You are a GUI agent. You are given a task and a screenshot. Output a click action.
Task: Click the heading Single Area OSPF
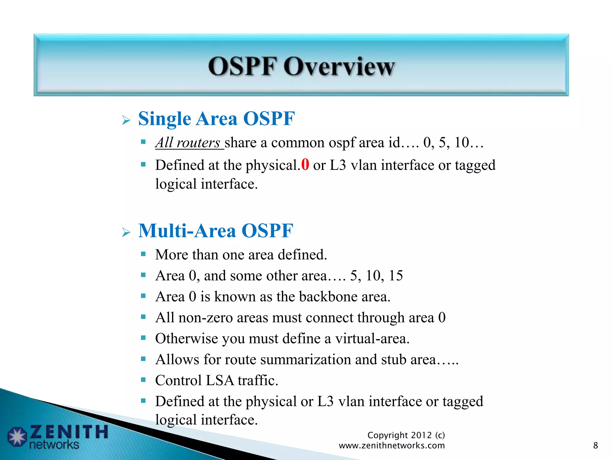point(216,119)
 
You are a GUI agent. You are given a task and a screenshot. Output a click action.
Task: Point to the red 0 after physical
point(305,164)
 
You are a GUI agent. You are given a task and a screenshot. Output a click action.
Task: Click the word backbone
point(328,296)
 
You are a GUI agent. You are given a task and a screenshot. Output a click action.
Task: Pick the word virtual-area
point(372,338)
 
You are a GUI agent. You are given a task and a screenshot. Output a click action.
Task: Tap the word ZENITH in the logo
point(69,432)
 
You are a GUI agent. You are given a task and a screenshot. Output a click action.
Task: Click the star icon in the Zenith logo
point(17,437)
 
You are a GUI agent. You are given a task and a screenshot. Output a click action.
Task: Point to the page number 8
point(595,445)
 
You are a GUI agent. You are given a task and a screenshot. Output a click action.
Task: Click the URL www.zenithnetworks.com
point(392,445)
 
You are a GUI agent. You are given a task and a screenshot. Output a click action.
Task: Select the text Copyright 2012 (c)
point(406,435)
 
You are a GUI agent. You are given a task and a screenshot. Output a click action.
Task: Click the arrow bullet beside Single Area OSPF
point(126,120)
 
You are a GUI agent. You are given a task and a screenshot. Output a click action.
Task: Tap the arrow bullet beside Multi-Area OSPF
point(126,232)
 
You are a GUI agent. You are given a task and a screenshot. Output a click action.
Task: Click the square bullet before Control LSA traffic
point(143,380)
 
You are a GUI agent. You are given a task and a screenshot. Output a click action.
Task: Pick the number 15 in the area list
point(395,276)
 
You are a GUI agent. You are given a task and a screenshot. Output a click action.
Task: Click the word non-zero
point(205,317)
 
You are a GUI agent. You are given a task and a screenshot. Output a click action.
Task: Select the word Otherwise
point(186,338)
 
